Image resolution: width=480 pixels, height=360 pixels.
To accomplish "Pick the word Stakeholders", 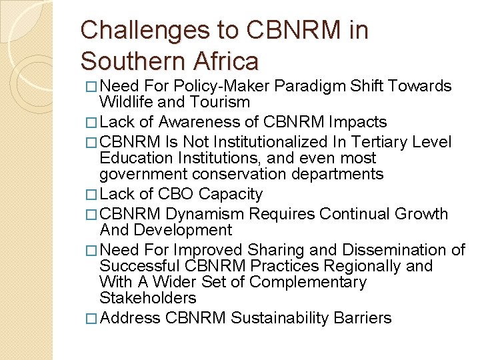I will click(148, 298).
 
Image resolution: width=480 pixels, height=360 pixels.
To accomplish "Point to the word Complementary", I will click(308, 282).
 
